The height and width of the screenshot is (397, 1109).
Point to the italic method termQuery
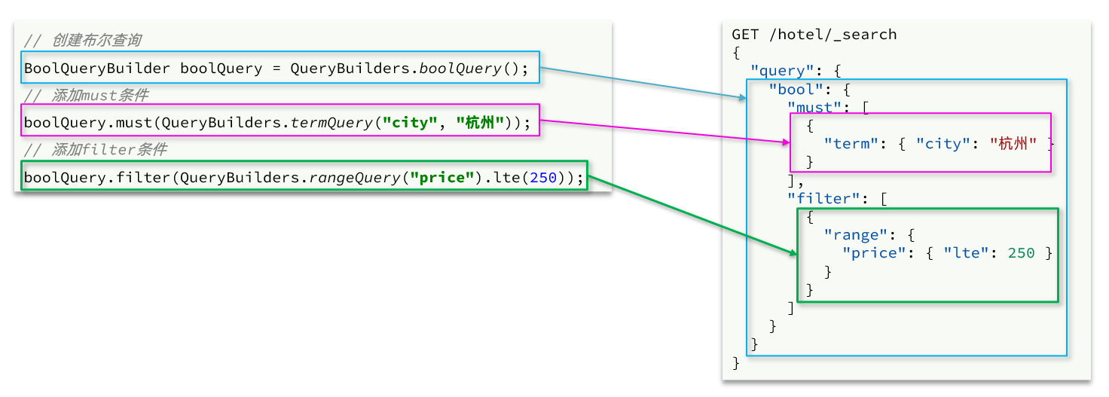coord(332,123)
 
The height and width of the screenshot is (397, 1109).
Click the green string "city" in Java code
coord(411,123)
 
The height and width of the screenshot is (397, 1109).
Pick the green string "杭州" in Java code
coord(480,123)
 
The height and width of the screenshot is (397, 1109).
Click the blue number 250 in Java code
coord(543,178)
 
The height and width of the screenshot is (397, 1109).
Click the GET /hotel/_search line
coord(814,35)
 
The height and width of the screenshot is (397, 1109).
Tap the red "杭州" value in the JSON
coord(1013,144)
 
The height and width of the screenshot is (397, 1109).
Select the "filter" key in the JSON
coord(823,198)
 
